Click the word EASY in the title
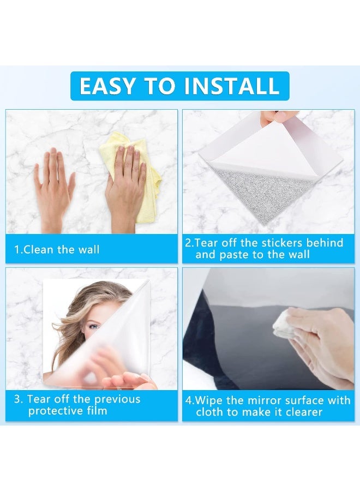107,86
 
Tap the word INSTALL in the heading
232,86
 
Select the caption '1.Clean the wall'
57,249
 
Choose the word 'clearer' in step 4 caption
304,412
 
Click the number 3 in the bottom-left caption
17,399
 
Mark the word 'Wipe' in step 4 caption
209,400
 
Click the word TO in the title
160,86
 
